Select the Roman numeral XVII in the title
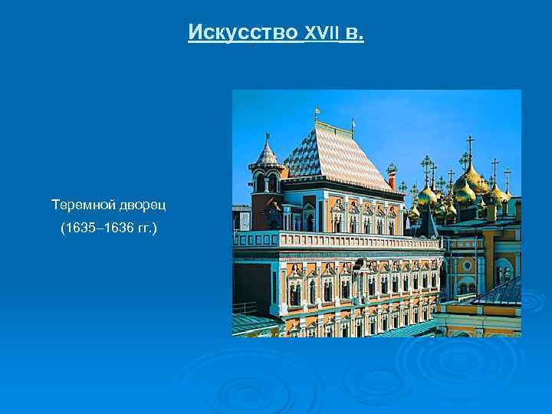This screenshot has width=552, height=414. tap(321, 34)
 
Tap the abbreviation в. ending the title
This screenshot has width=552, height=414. tap(354, 34)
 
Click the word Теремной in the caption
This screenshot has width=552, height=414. tap(82, 205)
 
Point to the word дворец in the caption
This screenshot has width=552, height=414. tap(142, 205)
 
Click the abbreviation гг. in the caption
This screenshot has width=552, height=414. tap(144, 228)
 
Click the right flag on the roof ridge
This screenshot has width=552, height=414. tap(353, 122)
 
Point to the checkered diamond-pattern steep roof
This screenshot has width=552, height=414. tap(337, 157)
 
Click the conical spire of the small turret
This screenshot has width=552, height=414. tap(267, 153)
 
